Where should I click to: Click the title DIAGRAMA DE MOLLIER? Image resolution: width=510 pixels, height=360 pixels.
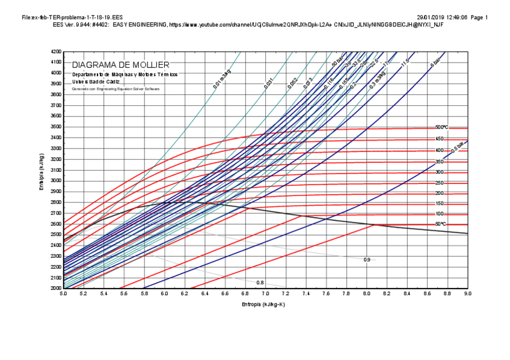121,65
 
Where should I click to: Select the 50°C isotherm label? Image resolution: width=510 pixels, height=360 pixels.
441,224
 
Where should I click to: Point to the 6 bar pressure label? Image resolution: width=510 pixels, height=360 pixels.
435,63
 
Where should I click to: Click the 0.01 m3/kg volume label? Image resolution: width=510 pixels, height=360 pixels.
222,80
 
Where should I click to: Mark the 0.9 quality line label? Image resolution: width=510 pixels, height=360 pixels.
367,260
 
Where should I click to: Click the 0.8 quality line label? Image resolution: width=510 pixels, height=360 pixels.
260,282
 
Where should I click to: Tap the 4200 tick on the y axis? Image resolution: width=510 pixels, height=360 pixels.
55,51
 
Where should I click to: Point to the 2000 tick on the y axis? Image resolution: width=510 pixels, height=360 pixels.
55,288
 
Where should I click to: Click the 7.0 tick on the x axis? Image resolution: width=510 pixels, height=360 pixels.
265,294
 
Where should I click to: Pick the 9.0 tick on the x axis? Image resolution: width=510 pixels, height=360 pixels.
467,294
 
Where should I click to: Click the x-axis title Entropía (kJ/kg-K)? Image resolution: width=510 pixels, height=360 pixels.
263,305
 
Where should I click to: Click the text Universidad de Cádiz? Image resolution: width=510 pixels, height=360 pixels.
96,81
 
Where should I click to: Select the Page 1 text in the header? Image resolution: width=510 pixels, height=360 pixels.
479,17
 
